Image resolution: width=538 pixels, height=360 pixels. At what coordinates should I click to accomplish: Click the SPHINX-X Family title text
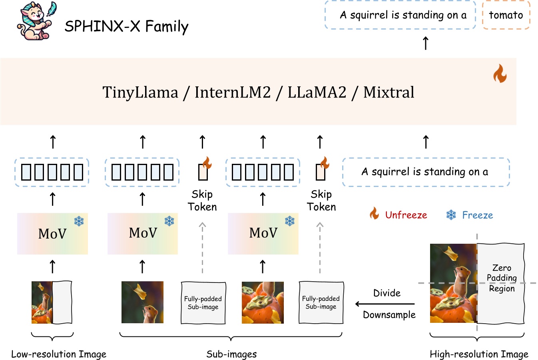tap(126, 26)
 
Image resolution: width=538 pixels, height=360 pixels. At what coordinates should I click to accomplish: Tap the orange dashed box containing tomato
tap(506, 15)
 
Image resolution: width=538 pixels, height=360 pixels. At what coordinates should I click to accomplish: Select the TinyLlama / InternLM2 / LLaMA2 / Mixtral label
tap(258, 92)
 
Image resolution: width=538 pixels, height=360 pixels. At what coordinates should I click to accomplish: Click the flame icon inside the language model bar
tap(500, 74)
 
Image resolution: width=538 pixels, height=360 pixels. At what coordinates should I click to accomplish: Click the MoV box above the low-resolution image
tap(52, 234)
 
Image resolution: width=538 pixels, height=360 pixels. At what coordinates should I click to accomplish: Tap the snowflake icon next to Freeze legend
tap(451, 215)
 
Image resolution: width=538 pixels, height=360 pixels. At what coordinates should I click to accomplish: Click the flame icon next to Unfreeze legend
tap(374, 214)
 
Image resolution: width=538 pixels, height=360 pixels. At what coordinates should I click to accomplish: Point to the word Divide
tap(387, 293)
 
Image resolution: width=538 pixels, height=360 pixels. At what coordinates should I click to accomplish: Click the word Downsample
tap(389, 315)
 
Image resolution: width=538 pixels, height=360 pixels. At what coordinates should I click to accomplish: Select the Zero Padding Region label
tap(502, 278)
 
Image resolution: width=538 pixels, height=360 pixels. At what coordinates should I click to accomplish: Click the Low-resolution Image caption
tap(59, 354)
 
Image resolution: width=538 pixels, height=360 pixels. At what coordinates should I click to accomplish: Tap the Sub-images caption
tap(231, 354)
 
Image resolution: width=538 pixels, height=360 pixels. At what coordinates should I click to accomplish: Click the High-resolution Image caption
tap(479, 354)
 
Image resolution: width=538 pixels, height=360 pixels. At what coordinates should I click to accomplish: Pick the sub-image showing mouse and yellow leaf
tap(142, 302)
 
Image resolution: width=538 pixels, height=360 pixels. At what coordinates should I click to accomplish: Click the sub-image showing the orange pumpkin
tap(263, 302)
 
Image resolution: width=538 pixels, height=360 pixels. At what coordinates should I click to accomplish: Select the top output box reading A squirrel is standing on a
tap(401, 15)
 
